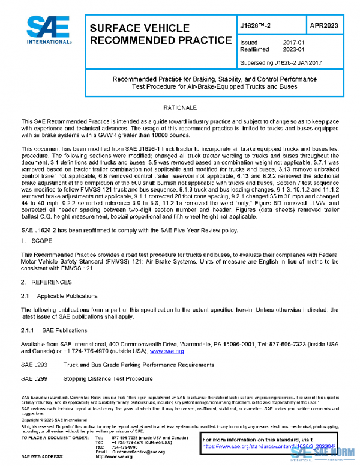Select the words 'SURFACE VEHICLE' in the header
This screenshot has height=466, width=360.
tap(140, 28)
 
